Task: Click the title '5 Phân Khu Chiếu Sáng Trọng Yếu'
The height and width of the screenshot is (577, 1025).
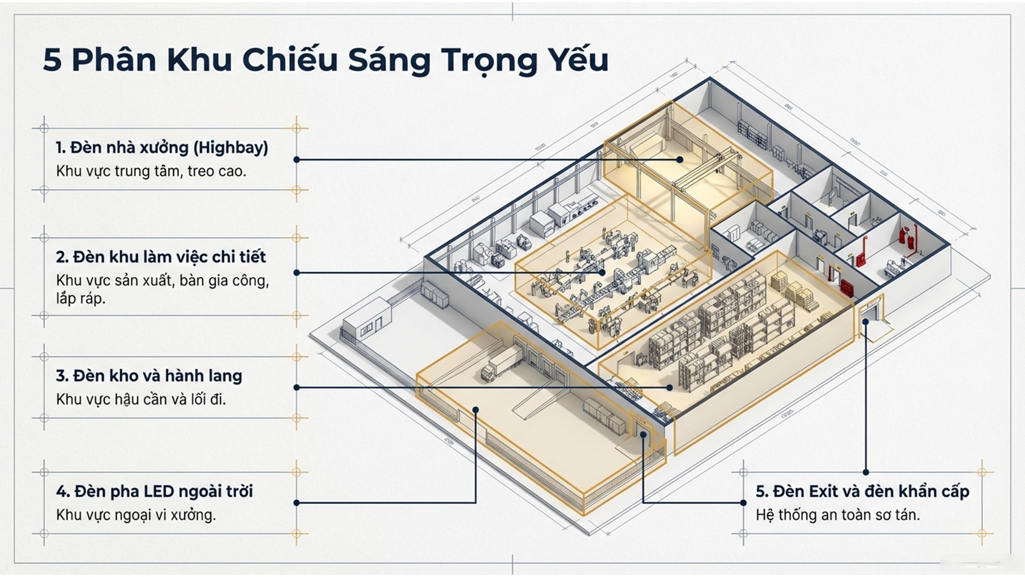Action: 325,60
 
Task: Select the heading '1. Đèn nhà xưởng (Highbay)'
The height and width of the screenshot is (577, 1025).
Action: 162,147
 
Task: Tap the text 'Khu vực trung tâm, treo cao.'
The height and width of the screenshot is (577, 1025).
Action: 151,171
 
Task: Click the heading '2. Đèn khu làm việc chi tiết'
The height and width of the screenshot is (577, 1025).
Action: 161,257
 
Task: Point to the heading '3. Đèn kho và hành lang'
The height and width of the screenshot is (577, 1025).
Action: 149,376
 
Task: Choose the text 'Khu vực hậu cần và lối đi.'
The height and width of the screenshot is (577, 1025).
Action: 141,399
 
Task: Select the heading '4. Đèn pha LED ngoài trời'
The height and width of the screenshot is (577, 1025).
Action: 154,492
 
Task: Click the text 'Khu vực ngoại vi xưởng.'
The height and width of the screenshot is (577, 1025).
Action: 136,515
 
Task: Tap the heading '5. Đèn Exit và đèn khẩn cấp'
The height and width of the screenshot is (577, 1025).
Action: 862,492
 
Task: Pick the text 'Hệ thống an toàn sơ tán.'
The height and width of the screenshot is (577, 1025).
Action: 838,515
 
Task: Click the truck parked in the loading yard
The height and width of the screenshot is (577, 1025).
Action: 501,364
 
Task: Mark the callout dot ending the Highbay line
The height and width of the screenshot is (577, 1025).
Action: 680,160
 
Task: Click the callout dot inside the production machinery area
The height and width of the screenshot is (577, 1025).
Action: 602,272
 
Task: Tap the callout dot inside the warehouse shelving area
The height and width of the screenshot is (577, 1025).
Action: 670,388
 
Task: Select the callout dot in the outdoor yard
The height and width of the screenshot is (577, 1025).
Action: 476,410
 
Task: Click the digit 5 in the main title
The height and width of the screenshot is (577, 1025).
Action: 52,60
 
